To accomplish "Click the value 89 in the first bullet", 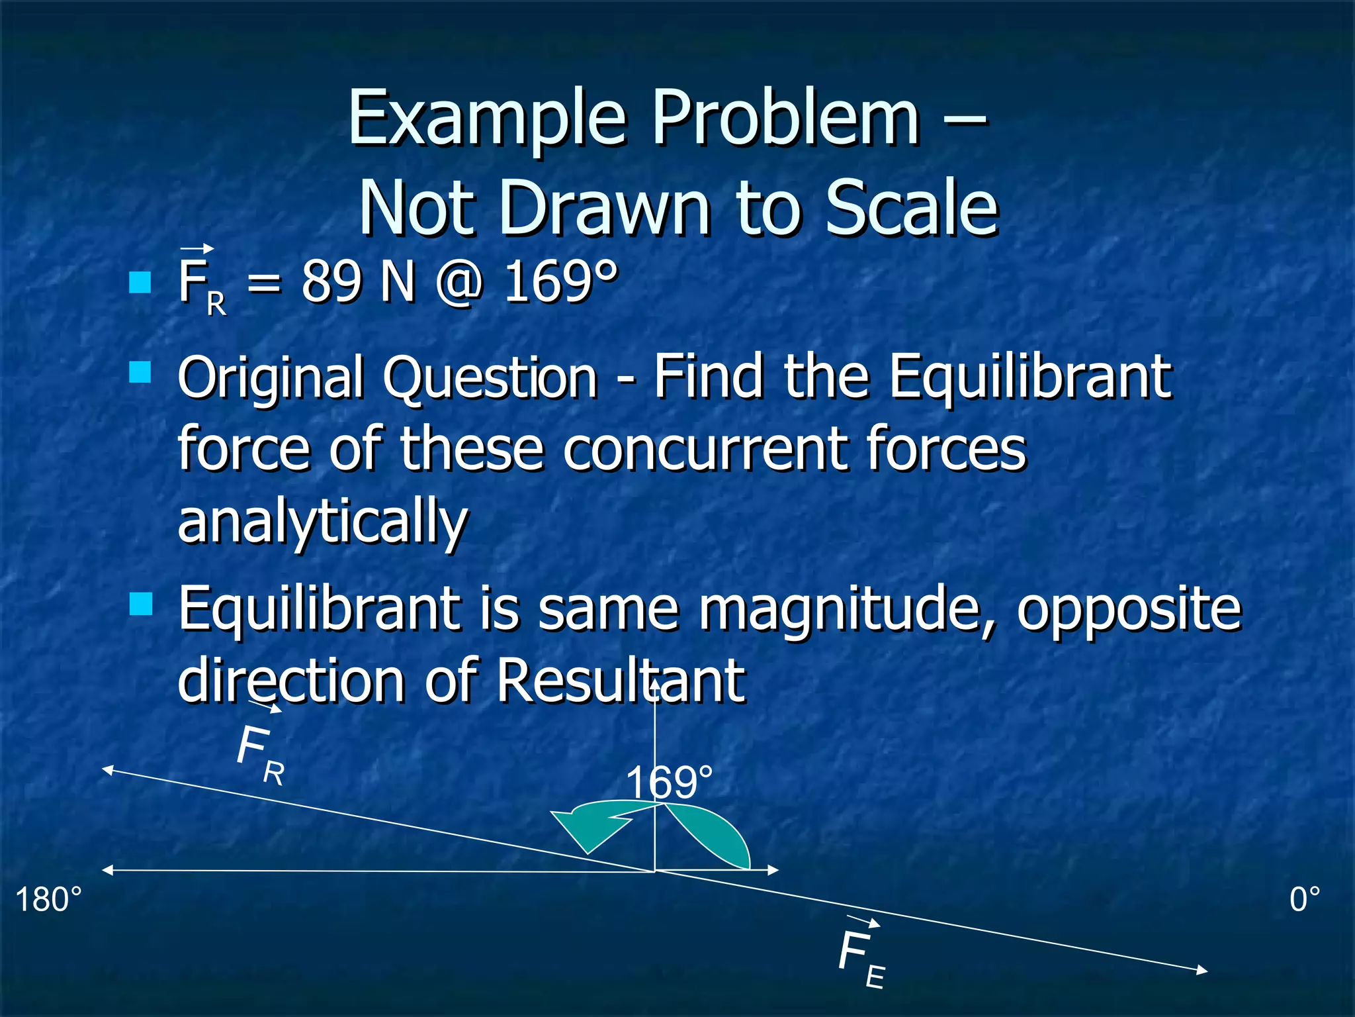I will [331, 281].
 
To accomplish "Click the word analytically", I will [323, 522].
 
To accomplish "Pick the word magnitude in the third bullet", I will [846, 609].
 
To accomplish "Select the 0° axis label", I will [1305, 900].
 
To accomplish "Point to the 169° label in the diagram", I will [670, 783].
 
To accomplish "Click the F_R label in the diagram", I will [259, 753].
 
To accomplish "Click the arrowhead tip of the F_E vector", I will [1205, 971].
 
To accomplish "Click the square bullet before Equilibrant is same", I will [141, 604].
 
